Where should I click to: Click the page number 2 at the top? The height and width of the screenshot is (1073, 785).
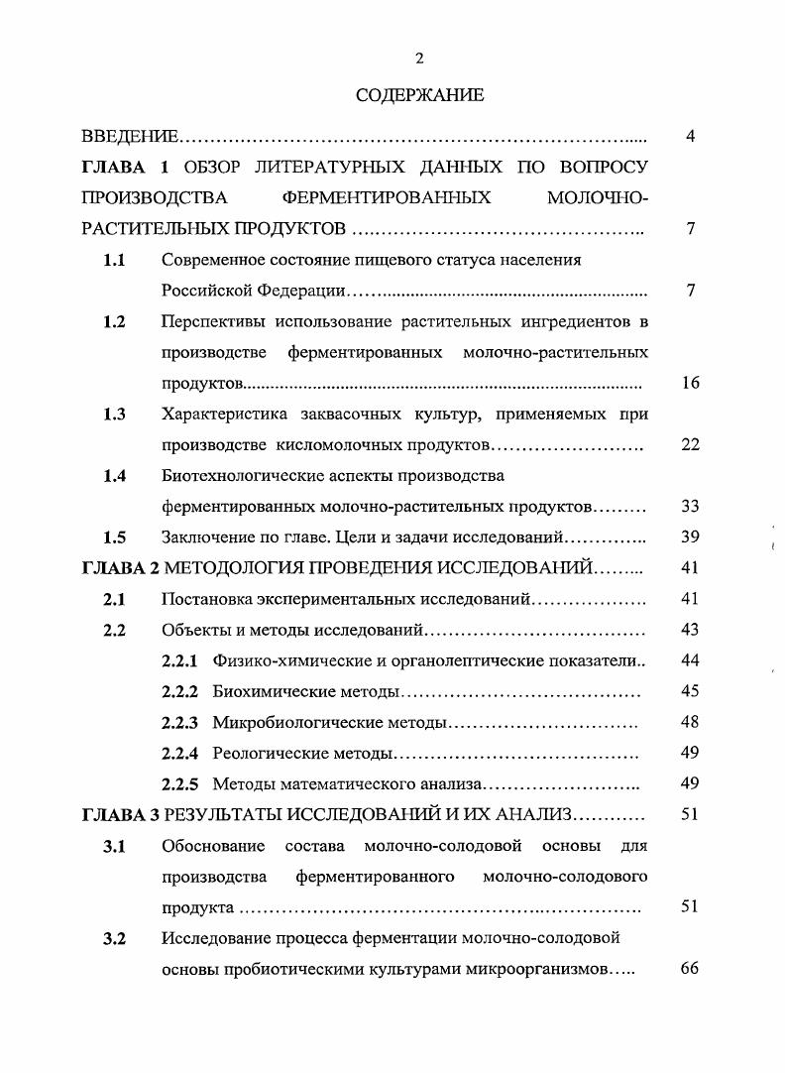[x=419, y=59]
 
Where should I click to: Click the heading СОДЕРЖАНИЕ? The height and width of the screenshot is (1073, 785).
[x=419, y=96]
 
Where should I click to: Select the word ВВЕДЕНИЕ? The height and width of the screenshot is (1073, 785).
[x=130, y=136]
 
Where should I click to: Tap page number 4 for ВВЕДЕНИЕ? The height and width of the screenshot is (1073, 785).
[x=690, y=136]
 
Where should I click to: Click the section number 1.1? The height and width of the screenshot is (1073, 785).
[x=114, y=260]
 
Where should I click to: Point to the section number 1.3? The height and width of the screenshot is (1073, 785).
[x=114, y=415]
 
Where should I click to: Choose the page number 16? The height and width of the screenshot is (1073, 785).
[x=690, y=383]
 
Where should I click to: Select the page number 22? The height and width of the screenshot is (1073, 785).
[x=690, y=444]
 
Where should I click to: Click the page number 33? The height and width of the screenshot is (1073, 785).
[x=690, y=507]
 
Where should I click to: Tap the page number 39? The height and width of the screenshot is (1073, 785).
[x=690, y=537]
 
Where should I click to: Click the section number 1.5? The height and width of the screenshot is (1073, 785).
[x=114, y=537]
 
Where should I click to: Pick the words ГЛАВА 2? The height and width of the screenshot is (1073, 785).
[x=120, y=568]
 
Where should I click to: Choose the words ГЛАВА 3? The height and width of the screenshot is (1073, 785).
[x=120, y=815]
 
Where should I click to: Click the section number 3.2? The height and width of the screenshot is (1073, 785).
[x=114, y=938]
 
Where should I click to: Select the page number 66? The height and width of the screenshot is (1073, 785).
[x=690, y=969]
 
